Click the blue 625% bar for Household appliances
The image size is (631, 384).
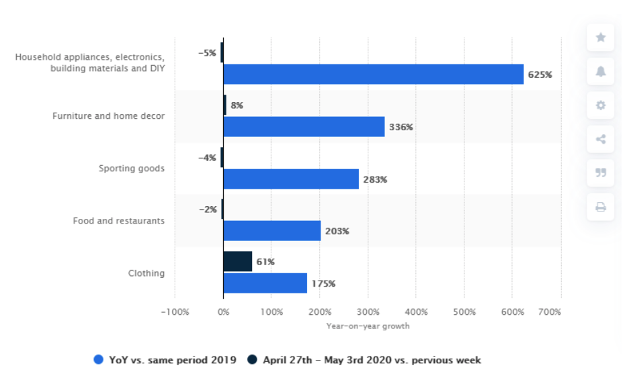click(x=374, y=74)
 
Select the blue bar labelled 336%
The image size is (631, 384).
click(x=304, y=127)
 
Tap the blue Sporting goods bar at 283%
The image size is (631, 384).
click(x=291, y=179)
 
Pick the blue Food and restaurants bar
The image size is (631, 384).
click(x=272, y=231)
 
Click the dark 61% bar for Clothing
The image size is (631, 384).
click(x=238, y=261)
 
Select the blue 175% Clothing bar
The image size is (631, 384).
click(x=265, y=283)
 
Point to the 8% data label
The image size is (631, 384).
click(x=237, y=105)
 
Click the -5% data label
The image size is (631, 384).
click(x=207, y=53)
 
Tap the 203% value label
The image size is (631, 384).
click(x=337, y=231)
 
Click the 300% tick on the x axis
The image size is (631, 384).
click(x=368, y=312)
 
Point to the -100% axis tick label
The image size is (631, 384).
click(x=175, y=312)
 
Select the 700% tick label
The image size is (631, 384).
click(x=550, y=312)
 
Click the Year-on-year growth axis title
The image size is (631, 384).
click(x=368, y=326)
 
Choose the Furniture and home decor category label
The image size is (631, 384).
click(x=109, y=115)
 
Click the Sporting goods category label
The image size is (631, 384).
click(x=132, y=169)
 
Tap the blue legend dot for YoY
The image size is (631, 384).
click(x=99, y=359)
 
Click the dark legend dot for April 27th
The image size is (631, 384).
click(x=252, y=359)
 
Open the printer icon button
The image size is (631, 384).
click(x=600, y=207)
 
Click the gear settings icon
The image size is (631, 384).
click(x=600, y=105)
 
